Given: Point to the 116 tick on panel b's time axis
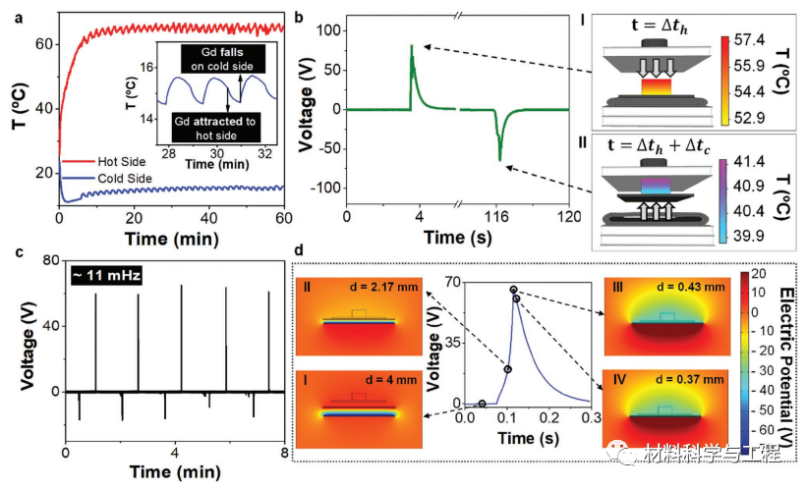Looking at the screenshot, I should pos(499,217).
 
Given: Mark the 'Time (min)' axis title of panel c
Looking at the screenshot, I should pos(176,474).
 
